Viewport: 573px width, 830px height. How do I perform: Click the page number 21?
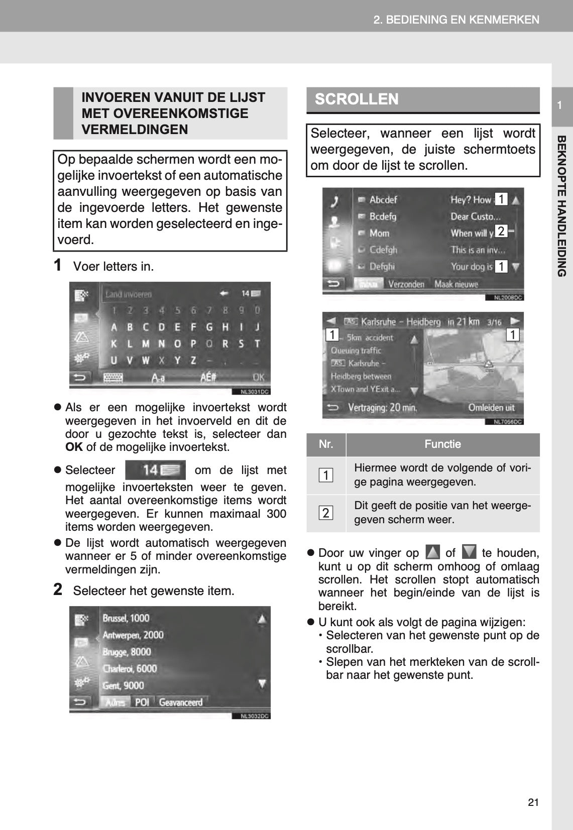[533, 802]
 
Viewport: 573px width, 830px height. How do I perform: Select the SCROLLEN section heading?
[357, 99]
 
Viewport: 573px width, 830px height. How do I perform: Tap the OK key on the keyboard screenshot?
[258, 377]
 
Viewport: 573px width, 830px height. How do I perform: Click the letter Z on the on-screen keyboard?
[193, 360]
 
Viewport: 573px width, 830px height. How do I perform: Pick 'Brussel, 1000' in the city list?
[126, 618]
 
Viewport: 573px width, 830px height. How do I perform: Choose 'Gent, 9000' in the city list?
[123, 685]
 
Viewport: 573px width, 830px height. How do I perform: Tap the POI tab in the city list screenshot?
[142, 702]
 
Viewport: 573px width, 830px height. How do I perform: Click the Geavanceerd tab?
[181, 702]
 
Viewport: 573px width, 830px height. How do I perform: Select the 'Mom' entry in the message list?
[379, 233]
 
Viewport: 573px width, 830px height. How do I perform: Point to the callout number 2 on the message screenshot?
[501, 231]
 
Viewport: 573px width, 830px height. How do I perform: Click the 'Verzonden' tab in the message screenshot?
[406, 284]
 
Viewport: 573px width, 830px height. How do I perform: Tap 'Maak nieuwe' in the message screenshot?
[456, 284]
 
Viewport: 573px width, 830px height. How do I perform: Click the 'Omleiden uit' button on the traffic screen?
[491, 408]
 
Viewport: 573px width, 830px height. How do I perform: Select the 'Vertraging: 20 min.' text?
[382, 408]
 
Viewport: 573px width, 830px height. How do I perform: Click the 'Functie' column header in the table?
[442, 444]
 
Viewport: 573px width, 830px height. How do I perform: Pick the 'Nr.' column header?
[326, 444]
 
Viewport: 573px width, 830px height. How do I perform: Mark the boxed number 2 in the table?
[326, 513]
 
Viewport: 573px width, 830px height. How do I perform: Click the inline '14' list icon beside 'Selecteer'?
[155, 470]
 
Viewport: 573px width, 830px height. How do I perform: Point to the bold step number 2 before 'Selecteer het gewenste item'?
[58, 589]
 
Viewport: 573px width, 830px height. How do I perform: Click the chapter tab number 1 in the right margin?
[559, 105]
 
